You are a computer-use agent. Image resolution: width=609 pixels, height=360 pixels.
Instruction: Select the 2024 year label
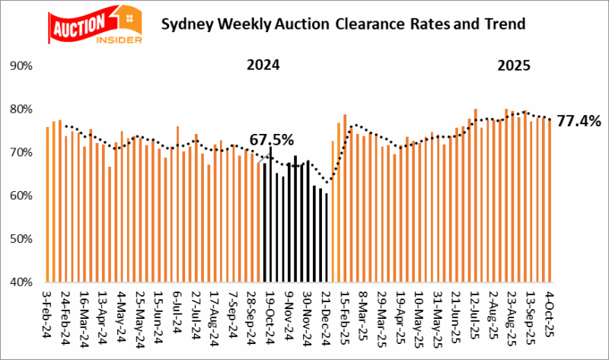[x=263, y=65]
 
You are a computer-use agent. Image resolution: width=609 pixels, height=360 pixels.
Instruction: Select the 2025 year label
[x=515, y=65]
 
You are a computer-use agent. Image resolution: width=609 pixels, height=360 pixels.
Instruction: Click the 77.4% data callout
[x=579, y=120]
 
